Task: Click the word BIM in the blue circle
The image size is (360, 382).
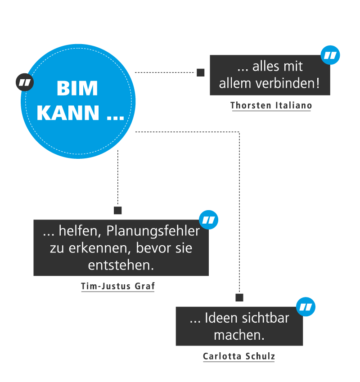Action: [x=77, y=89]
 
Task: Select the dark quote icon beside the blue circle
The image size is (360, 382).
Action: [x=25, y=82]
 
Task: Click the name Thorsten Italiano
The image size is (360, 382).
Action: [x=271, y=105]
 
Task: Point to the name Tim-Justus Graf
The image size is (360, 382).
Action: [x=117, y=286]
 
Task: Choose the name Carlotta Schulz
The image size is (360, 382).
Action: [x=238, y=356]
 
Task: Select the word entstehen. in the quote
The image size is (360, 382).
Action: [x=121, y=265]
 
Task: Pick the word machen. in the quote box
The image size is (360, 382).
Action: [x=239, y=335]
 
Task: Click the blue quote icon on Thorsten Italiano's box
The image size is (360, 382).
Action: [x=330, y=55]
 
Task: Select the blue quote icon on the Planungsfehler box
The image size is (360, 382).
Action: [x=208, y=220]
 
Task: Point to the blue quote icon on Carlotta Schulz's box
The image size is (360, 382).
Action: [x=306, y=307]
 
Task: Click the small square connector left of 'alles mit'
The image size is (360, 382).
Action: [x=201, y=72]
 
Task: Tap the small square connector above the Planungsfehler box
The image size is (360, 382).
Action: [x=118, y=211]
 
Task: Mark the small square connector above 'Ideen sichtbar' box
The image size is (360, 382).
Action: [x=239, y=297]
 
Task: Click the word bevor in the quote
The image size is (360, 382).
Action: [x=150, y=248]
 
